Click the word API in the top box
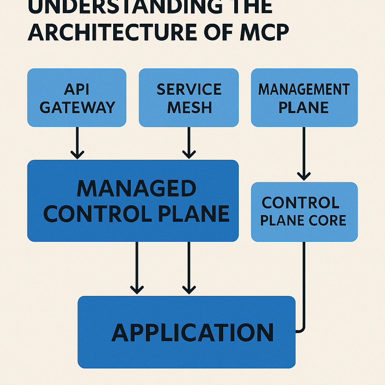point(77,89)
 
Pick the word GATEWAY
point(77,108)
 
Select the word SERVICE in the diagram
point(189,89)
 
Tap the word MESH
point(189,108)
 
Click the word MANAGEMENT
point(304,89)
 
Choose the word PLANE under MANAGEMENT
point(304,108)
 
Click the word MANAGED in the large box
point(136,189)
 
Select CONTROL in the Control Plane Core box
point(300,203)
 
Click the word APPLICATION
point(192,333)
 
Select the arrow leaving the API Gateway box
point(77,143)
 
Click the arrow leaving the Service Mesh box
point(189,143)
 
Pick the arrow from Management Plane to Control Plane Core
point(304,154)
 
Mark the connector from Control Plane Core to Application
point(304,286)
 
